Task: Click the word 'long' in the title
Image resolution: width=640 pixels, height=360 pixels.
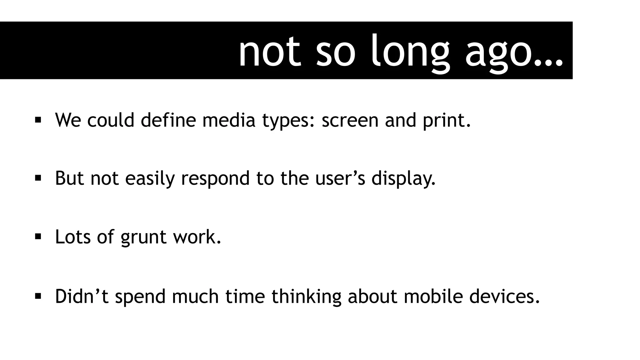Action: [x=410, y=52]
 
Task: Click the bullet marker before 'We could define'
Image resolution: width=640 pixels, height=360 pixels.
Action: [x=38, y=120]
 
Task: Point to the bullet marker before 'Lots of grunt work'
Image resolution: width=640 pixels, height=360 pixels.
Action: [x=38, y=237]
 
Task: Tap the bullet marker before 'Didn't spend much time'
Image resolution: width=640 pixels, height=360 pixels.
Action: [x=38, y=296]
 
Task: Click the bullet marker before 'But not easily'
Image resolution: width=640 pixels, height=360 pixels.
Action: [x=38, y=178]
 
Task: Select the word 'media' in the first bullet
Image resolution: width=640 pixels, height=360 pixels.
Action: [x=229, y=120]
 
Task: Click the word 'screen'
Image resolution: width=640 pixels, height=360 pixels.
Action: [x=350, y=120]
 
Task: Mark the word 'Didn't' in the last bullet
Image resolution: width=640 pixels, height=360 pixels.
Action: [x=82, y=296]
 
